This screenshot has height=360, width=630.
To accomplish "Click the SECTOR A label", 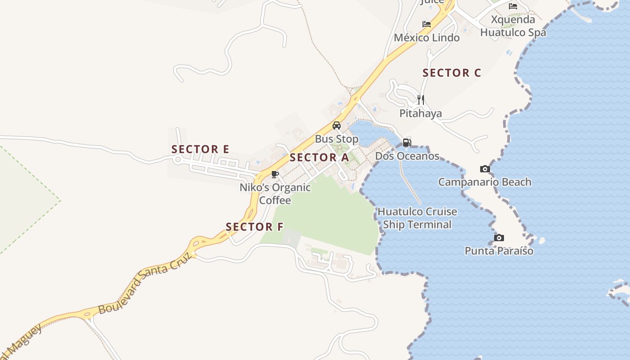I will pyautogui.click(x=319, y=157).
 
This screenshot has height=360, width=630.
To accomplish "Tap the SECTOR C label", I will pyautogui.click(x=452, y=73).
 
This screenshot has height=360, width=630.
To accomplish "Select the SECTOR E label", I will pyautogui.click(x=200, y=149).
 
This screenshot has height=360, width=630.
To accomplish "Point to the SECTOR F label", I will pyautogui.click(x=255, y=227).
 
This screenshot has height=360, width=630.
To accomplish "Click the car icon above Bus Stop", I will pyautogui.click(x=336, y=126).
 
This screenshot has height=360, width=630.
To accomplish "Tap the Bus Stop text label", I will pyautogui.click(x=337, y=139).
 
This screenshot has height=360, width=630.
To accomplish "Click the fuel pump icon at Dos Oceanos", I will pyautogui.click(x=407, y=143).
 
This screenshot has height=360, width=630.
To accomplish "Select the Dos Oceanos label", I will pyautogui.click(x=407, y=156).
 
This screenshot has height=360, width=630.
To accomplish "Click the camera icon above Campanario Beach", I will pyautogui.click(x=485, y=169).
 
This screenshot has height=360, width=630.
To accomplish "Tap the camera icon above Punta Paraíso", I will pyautogui.click(x=499, y=238).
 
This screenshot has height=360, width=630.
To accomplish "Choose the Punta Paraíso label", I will pyautogui.click(x=499, y=251).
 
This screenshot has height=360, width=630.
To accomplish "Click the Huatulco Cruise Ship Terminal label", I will pyautogui.click(x=417, y=218).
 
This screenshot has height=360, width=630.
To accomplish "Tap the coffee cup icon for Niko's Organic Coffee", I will pyautogui.click(x=275, y=174).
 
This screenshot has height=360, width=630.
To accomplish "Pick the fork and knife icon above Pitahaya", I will pyautogui.click(x=421, y=100).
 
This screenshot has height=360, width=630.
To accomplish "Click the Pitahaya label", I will pyautogui.click(x=421, y=113).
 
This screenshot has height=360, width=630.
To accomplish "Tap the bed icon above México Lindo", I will pyautogui.click(x=426, y=24).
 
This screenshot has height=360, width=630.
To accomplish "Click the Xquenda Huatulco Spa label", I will pyautogui.click(x=513, y=26).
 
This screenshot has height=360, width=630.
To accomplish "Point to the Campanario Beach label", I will pyautogui.click(x=485, y=182).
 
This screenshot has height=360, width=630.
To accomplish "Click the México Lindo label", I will pyautogui.click(x=427, y=38).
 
